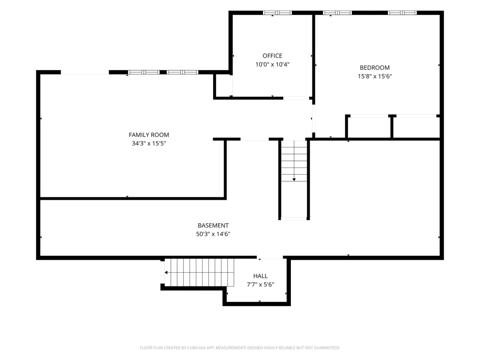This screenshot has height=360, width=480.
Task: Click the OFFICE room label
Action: pyautogui.click(x=272, y=56)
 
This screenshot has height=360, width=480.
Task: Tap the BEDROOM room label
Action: pyautogui.click(x=374, y=68)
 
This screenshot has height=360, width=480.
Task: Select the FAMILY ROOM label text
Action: pyautogui.click(x=149, y=135)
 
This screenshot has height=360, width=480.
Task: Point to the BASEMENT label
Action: pyautogui.click(x=213, y=225)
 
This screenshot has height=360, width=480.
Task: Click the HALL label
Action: pyautogui.click(x=260, y=276)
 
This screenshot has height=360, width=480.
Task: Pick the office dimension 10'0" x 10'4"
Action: pyautogui.click(x=272, y=64)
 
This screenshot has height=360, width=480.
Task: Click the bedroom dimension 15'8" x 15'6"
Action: pyautogui.click(x=375, y=76)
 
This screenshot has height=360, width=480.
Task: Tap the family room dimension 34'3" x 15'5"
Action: pyautogui.click(x=149, y=143)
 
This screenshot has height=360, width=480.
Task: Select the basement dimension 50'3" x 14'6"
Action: pyautogui.click(x=213, y=234)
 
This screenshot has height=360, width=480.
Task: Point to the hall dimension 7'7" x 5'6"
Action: pyautogui.click(x=260, y=284)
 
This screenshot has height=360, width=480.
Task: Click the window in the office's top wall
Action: pyautogui.click(x=277, y=13)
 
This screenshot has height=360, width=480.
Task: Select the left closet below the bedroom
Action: pyautogui.click(x=369, y=127)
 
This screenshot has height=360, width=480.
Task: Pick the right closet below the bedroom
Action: pyautogui.click(x=416, y=127)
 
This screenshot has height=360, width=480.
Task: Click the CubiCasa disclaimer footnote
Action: pyautogui.click(x=240, y=348)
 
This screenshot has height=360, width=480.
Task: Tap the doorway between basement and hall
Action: pyautogui.click(x=270, y=257)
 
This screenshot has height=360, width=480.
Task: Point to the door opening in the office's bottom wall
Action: pyautogui.click(x=296, y=98)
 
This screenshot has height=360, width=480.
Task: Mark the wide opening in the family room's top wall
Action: pyautogui.click(x=85, y=72)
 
